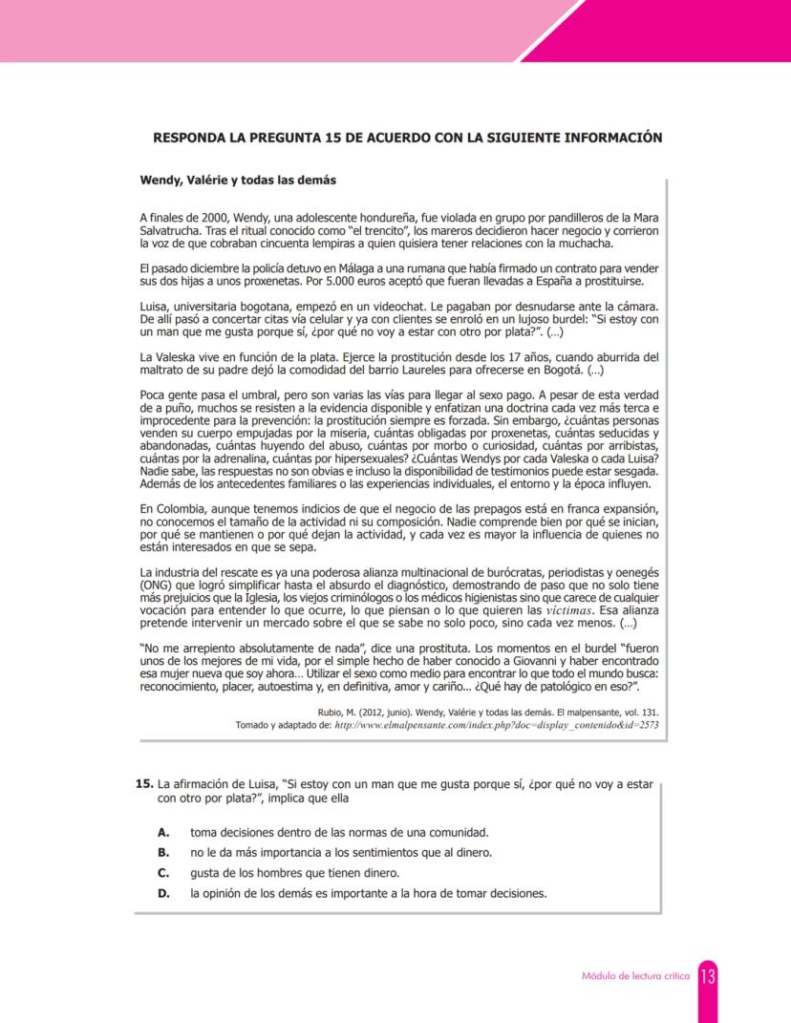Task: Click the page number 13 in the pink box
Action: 708,976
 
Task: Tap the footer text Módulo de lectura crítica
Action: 636,977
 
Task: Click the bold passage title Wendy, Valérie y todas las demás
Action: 238,179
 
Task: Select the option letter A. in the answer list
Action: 163,833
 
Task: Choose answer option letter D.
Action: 163,894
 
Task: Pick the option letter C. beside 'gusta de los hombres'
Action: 163,873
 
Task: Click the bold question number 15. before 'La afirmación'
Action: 145,783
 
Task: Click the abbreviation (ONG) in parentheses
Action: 157,586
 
